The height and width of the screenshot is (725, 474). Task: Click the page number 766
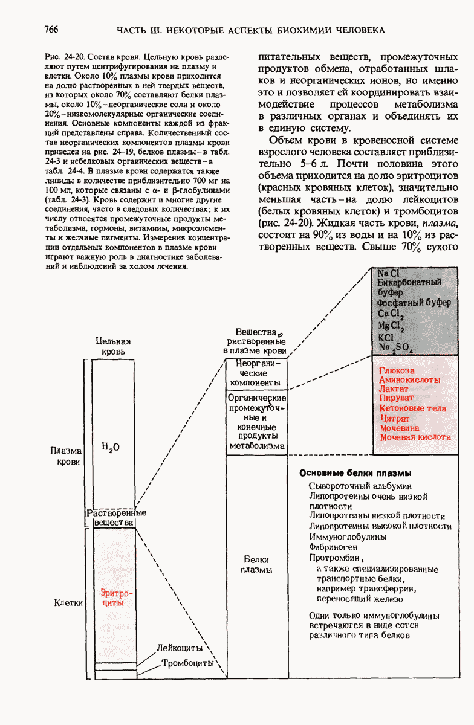[51, 30]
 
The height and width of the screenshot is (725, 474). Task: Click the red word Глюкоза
[397, 370]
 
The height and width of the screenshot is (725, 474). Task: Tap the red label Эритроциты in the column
[116, 598]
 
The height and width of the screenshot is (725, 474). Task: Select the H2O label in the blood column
[111, 448]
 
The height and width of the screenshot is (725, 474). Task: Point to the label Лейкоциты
[179, 648]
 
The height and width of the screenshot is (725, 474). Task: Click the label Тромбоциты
[187, 663]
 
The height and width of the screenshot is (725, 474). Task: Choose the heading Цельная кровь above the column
[113, 346]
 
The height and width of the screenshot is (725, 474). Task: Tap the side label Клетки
[68, 602]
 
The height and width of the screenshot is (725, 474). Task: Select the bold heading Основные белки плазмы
[355, 473]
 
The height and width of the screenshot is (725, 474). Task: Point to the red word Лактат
[394, 389]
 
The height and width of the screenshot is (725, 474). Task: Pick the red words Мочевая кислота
[415, 437]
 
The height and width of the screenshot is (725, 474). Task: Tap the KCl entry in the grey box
[386, 337]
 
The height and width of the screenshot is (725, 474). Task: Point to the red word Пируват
[396, 399]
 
